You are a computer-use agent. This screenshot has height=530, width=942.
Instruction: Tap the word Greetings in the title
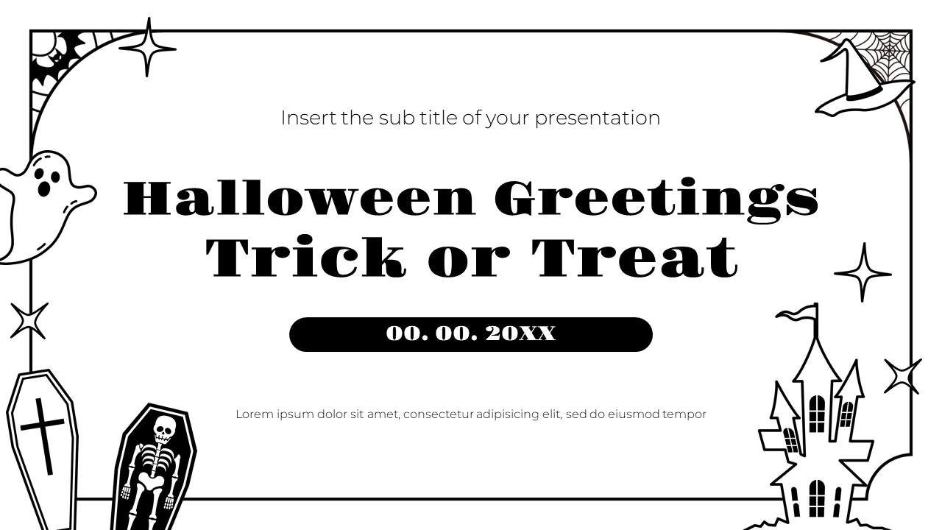[656, 199]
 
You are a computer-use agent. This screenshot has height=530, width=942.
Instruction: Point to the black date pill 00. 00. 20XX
[471, 334]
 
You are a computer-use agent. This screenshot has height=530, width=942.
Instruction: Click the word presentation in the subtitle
[597, 118]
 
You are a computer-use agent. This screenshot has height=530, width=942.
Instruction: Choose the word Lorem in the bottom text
[255, 414]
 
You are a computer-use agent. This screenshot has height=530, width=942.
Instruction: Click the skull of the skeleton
[163, 428]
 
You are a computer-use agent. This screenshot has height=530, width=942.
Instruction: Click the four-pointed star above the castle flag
[863, 272]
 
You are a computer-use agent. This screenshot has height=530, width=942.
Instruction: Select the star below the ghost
[29, 321]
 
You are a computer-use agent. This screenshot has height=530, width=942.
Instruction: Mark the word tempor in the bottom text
[684, 414]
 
